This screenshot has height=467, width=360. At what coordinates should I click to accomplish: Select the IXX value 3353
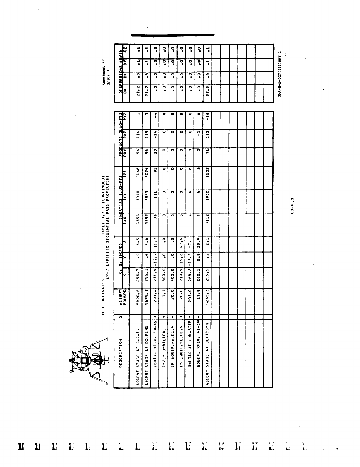(138, 224)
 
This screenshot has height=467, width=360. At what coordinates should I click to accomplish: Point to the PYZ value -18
(207, 116)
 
